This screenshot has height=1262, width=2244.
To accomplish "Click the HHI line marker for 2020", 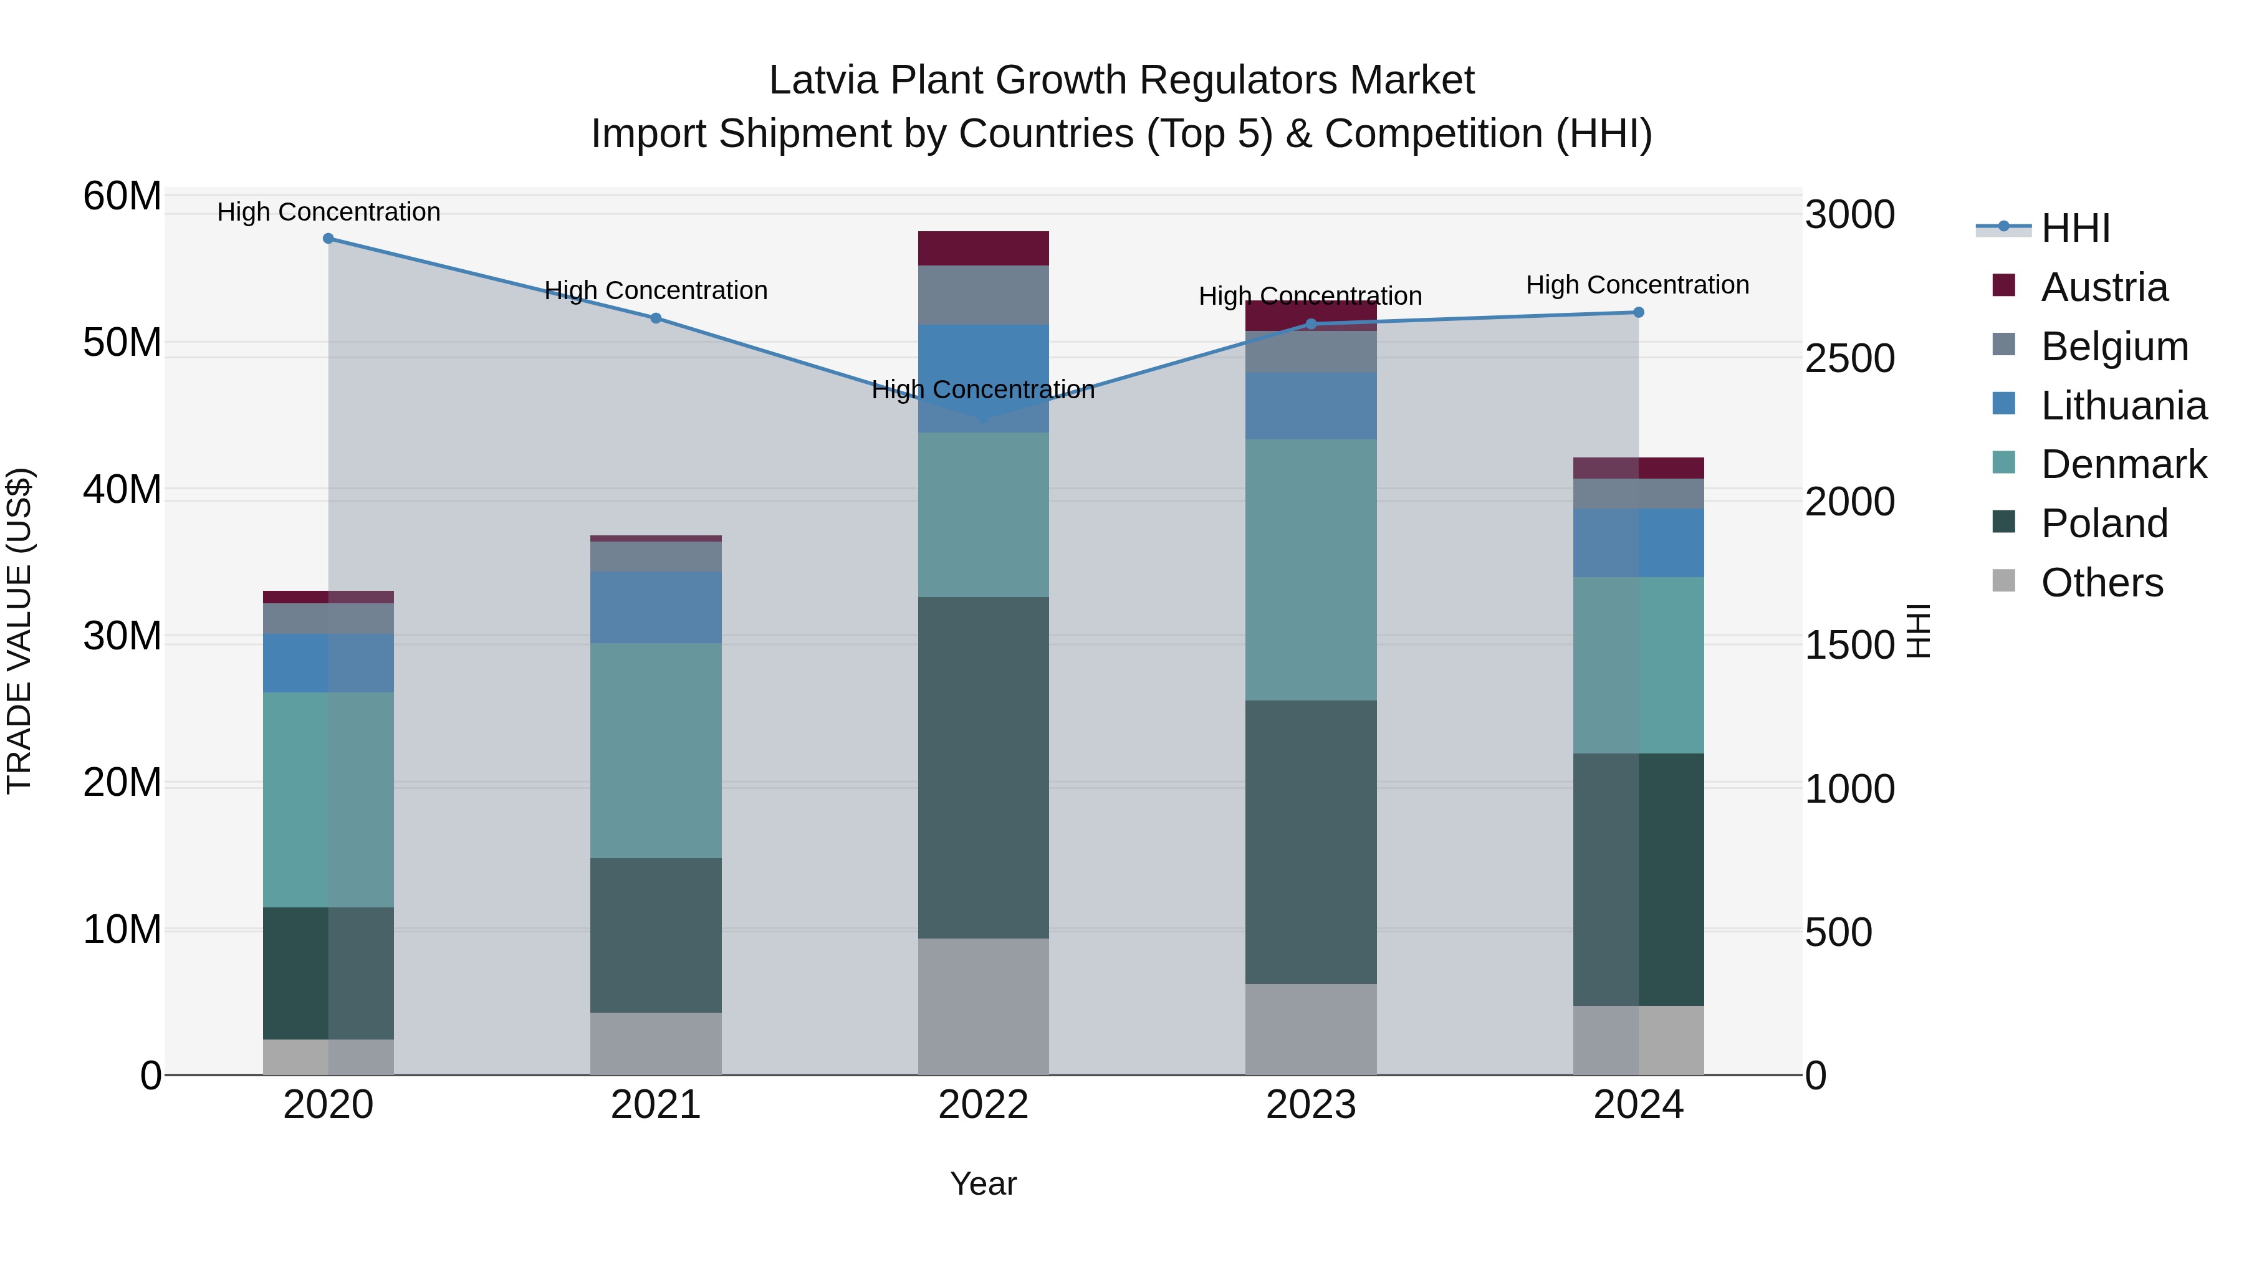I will tap(328, 239).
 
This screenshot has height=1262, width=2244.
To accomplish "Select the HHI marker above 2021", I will tap(656, 318).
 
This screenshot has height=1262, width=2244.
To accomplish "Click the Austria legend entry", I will tap(2103, 287).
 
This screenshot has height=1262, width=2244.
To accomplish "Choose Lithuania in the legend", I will tap(2123, 406).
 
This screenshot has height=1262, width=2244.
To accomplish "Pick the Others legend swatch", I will tap(2003, 581).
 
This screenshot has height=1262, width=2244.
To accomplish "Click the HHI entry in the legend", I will tap(2075, 228).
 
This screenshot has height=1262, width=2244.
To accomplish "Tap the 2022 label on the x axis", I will tap(982, 1105).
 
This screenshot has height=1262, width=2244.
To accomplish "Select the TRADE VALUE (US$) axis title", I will tap(19, 631).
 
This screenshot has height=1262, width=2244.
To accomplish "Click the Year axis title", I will tap(982, 1183).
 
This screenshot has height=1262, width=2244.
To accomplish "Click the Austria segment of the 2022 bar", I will tap(982, 248).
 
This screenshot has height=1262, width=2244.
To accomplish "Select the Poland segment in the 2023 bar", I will tap(1310, 841).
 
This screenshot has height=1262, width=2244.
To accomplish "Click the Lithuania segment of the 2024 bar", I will tap(1637, 543).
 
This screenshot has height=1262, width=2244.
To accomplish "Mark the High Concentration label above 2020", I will tap(328, 212).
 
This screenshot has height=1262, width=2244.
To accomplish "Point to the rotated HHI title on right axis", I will tap(1918, 631).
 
